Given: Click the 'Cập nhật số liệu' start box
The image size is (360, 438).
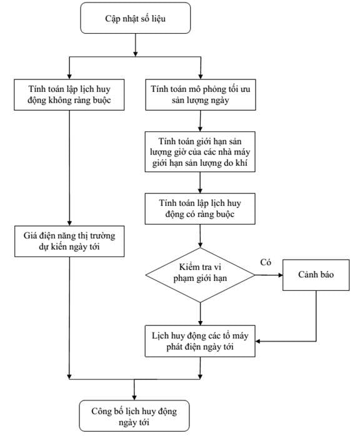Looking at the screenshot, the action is click(136, 18).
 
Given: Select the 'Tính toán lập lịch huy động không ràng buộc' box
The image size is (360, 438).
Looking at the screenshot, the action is click(69, 94).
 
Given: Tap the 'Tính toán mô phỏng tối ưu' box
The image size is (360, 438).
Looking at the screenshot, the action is click(201, 94).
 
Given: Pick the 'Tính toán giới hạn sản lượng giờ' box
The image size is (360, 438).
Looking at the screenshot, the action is click(200, 151).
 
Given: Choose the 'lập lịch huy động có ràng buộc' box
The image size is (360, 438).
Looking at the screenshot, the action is click(200, 208).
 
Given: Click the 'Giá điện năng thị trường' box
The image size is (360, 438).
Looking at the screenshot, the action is click(69, 242).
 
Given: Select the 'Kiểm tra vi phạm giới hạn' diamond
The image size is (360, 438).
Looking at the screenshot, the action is click(200, 275).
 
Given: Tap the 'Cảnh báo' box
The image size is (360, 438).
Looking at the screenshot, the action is click(316, 275).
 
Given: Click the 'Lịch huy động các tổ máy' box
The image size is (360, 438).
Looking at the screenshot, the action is click(200, 341).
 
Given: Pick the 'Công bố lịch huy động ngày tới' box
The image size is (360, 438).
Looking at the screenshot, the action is click(134, 416).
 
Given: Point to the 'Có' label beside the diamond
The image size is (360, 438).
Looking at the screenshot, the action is click(266, 262).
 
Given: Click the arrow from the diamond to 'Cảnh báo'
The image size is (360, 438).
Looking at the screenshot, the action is click(269, 275).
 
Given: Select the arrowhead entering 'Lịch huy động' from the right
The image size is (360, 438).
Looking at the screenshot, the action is click(258, 342).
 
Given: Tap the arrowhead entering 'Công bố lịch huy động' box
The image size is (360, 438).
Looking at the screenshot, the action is click(134, 398).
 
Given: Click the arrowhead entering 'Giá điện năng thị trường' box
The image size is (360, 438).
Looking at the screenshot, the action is click(69, 223).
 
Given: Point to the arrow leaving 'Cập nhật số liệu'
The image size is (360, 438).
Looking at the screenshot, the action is click(136, 45).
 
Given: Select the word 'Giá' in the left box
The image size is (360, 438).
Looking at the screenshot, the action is click(29, 235).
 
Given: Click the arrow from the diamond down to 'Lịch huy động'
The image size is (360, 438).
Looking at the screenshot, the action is click(200, 314).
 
